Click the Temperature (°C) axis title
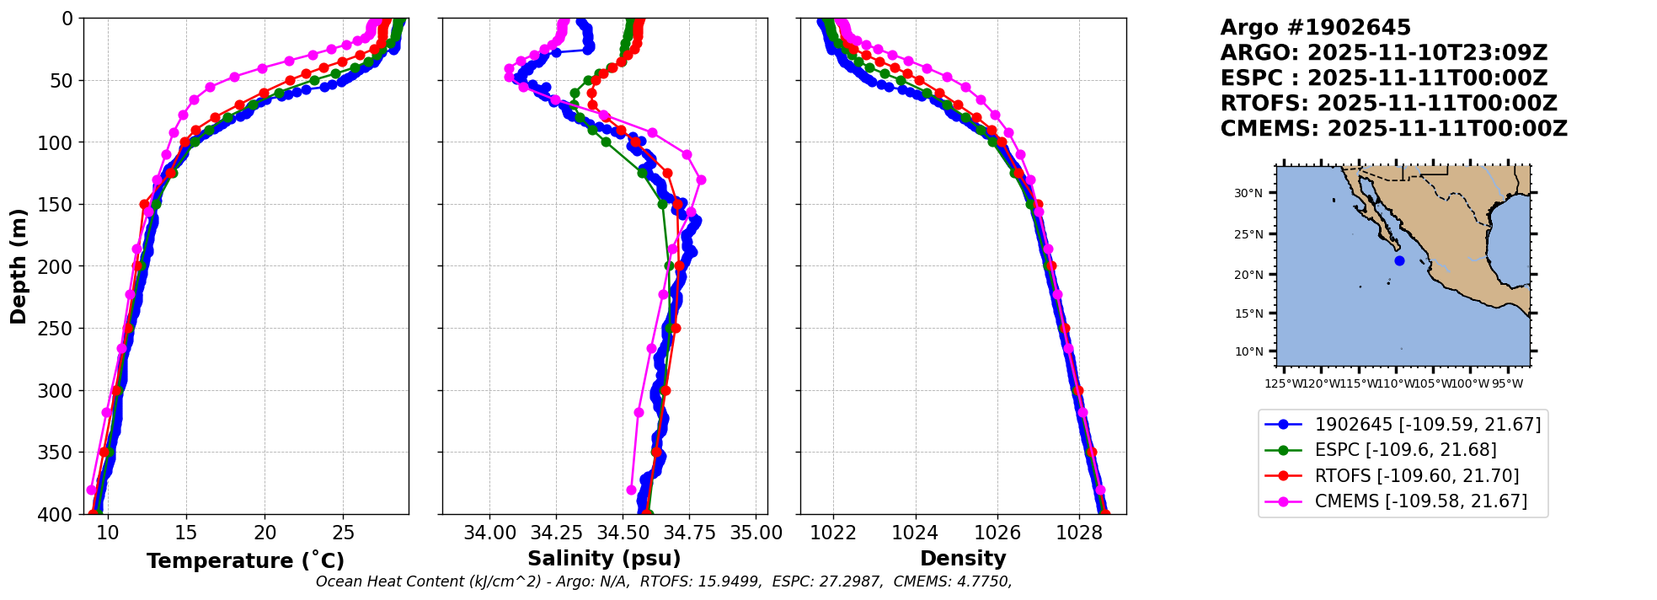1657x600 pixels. pos(245,561)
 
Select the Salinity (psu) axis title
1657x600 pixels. pos(604,559)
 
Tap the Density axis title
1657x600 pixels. pos(963,559)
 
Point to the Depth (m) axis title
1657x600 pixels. pos(19,265)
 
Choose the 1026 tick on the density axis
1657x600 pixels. pos(997,533)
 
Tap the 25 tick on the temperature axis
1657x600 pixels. pos(344,533)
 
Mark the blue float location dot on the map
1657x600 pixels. pos(1399,260)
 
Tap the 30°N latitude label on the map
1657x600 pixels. pos(1248,194)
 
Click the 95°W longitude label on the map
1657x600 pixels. pos(1507,384)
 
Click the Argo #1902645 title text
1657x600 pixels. pos(1303,28)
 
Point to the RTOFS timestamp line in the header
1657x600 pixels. pos(1388,104)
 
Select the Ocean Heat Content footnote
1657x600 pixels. pos(663,581)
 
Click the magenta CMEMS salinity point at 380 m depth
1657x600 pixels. pos(631,490)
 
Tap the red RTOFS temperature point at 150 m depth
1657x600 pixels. pos(144,204)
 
